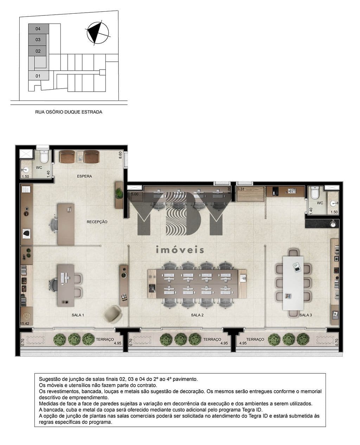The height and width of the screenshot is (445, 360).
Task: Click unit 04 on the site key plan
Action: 38,29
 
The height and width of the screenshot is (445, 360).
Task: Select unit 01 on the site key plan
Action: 38,76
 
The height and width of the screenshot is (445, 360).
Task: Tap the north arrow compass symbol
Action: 98,33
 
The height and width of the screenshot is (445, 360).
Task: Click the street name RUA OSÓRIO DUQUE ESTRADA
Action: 69,112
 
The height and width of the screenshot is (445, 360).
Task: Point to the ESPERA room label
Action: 84,176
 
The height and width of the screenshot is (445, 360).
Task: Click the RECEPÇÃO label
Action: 97,222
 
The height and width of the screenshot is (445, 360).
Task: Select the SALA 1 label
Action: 78,315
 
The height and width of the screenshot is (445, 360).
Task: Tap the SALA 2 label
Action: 197,315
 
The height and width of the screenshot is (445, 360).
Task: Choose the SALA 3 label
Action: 306,315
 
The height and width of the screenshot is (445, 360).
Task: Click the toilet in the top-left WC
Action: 44,156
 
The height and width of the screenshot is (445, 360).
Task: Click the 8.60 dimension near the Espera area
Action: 120,155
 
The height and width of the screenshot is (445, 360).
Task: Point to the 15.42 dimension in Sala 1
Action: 25,323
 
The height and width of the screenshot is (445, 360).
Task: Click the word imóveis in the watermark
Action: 180,250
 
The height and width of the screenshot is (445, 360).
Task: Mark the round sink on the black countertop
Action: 333,224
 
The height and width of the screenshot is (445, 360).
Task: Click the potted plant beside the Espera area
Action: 119,193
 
